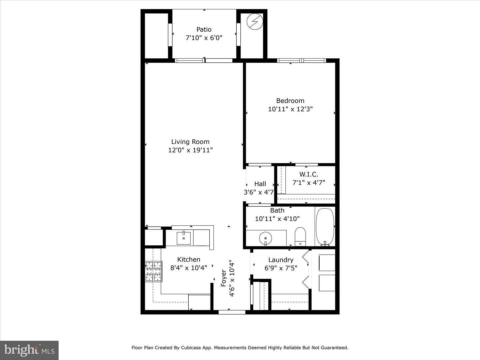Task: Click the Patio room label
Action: pos(204,29)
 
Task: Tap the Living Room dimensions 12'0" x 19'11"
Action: pos(190,150)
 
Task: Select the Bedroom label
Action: pos(290,101)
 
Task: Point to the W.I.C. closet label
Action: pos(308,174)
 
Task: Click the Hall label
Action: pos(260,184)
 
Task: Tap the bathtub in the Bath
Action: pos(325,227)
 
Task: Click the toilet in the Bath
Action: pos(300,236)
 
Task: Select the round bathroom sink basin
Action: pos(265,238)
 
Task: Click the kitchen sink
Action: pos(183,238)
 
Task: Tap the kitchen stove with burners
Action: pos(153,271)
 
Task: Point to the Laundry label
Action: pos(281,260)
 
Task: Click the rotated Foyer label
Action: pos(224,278)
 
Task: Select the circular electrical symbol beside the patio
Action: pos(255,22)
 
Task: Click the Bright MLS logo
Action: pos(29,350)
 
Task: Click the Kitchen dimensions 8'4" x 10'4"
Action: pos(189,268)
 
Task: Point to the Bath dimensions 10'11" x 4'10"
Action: pos(277,219)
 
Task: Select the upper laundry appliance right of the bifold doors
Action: pos(327,263)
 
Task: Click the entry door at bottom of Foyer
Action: pos(232,312)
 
